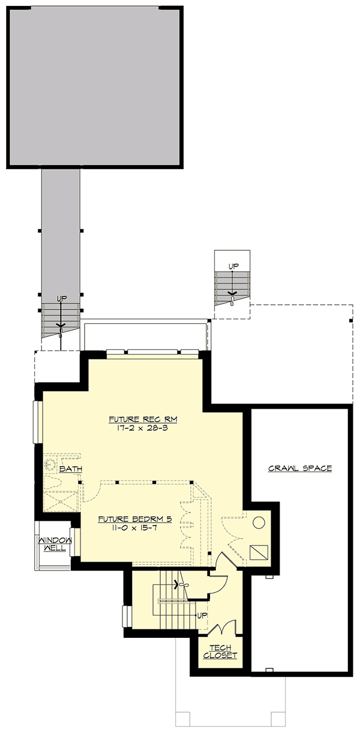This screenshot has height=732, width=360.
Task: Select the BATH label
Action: pyautogui.click(x=70, y=469)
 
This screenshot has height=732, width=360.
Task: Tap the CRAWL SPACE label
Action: pyautogui.click(x=300, y=468)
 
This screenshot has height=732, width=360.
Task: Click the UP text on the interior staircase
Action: pyautogui.click(x=202, y=616)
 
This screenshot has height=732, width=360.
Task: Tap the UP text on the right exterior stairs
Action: pyautogui.click(x=233, y=266)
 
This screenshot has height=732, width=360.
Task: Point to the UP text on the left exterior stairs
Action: pyautogui.click(x=61, y=298)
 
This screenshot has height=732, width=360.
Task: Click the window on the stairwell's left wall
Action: pyautogui.click(x=126, y=616)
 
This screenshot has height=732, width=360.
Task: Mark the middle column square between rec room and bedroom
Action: pyautogui.click(x=154, y=482)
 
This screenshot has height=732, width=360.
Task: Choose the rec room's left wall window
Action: pyautogui.click(x=38, y=422)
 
